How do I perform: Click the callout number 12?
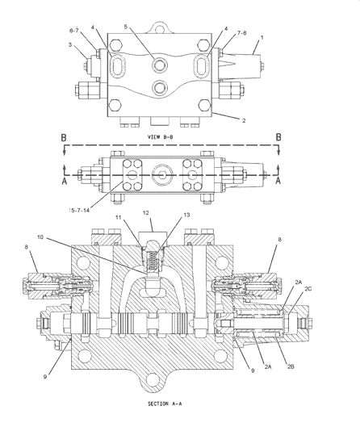145,213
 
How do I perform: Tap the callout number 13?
186,215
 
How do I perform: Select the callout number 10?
40,237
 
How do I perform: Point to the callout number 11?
119,217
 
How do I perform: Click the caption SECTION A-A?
165,404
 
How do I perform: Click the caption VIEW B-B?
161,137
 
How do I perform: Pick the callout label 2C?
308,289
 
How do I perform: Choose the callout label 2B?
291,366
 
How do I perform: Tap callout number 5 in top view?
126,27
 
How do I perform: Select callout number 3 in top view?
70,44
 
